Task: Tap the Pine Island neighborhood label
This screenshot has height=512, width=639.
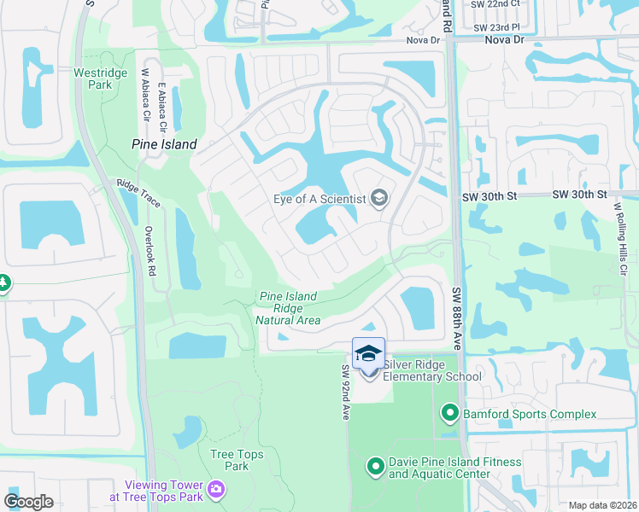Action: pyautogui.click(x=165, y=144)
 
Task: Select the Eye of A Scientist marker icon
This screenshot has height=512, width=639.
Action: pyautogui.click(x=379, y=200)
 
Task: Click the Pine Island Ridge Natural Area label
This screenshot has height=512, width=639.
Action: pyautogui.click(x=288, y=308)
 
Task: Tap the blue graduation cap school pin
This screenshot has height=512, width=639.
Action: pyautogui.click(x=368, y=353)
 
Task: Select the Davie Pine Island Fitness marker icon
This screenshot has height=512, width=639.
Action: pyautogui.click(x=375, y=467)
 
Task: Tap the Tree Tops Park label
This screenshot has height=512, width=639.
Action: pyautogui.click(x=230, y=460)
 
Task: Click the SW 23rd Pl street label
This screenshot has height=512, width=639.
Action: pyautogui.click(x=495, y=26)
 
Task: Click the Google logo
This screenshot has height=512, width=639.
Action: pyautogui.click(x=28, y=502)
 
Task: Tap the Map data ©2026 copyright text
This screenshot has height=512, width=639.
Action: pyautogui.click(x=602, y=505)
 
